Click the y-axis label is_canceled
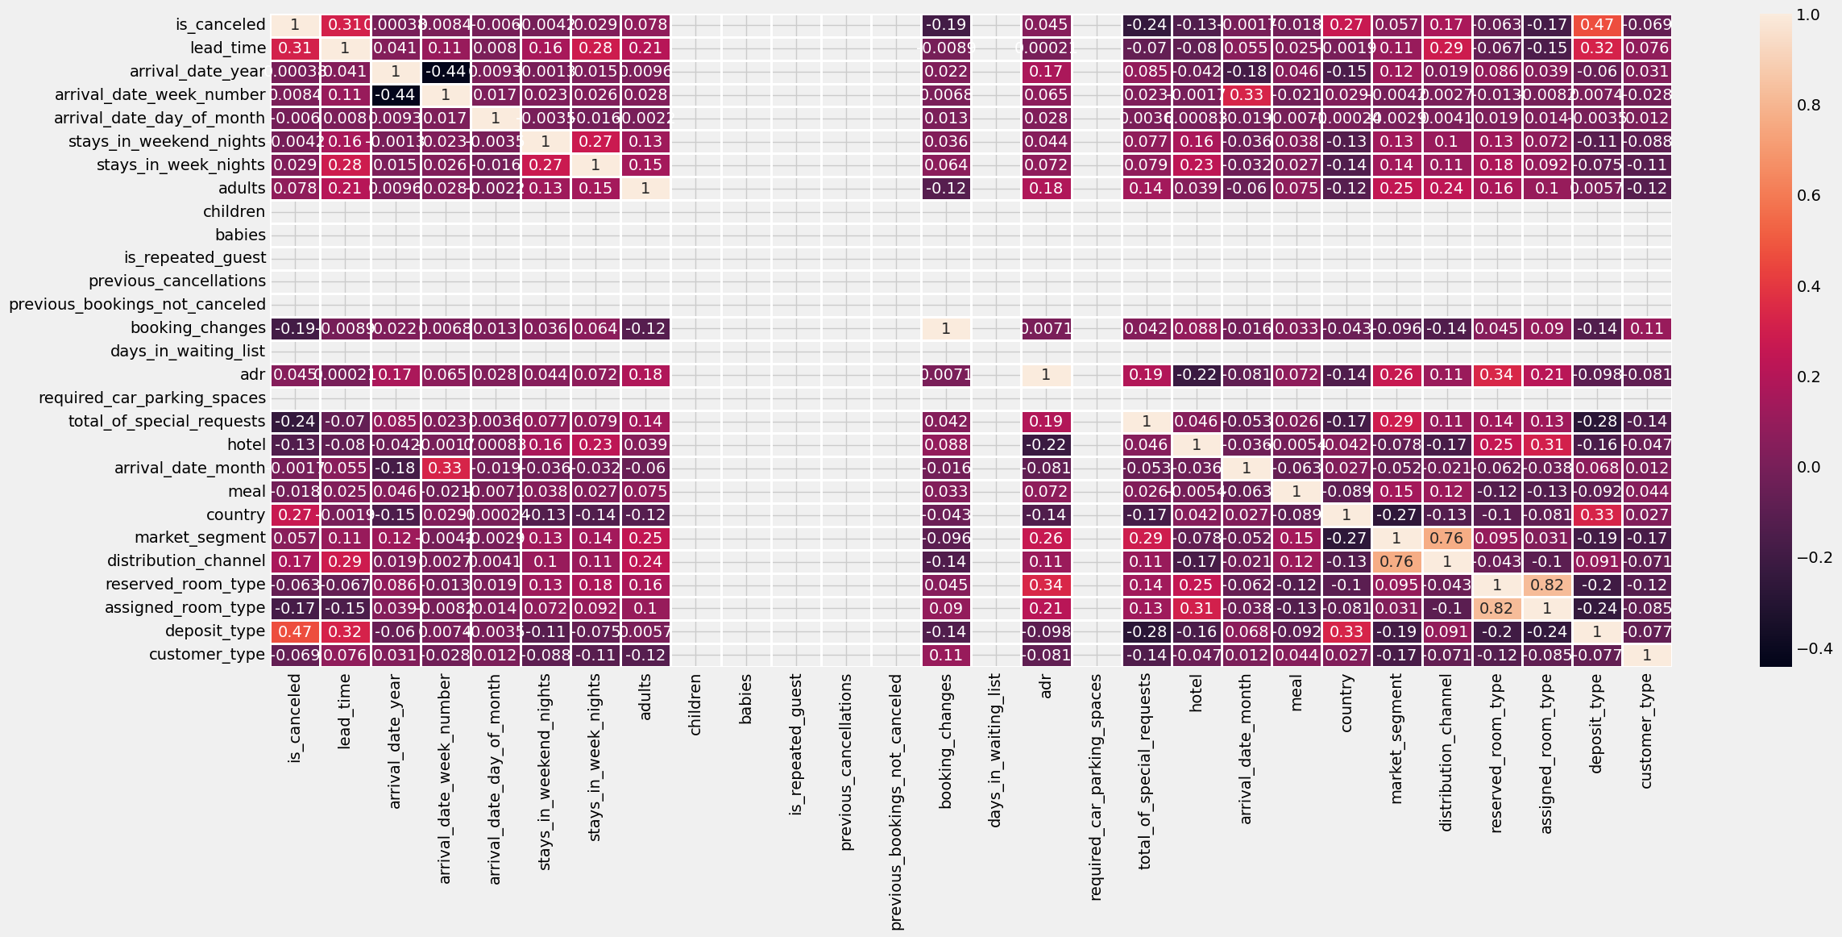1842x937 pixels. (220, 25)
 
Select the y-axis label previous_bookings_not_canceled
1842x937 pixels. (137, 304)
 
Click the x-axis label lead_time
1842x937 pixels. (345, 713)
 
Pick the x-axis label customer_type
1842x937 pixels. (1646, 731)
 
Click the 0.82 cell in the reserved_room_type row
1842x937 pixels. (1547, 585)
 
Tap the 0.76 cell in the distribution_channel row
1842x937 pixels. (1396, 561)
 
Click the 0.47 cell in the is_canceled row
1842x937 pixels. (1597, 25)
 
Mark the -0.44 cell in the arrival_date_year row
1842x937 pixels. (446, 72)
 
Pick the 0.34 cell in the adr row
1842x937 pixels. (1497, 374)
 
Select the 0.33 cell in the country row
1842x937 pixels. (1597, 514)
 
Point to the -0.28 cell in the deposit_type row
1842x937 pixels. (1146, 631)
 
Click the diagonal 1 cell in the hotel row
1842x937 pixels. (1196, 444)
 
